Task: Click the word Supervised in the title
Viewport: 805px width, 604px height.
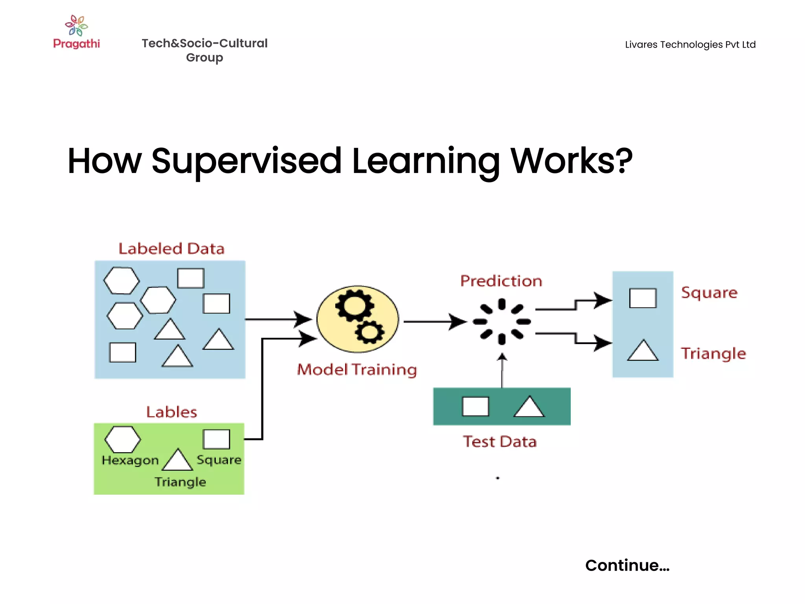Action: tap(246, 161)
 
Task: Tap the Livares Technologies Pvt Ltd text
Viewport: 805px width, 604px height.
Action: tap(690, 45)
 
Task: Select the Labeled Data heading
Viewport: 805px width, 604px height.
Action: tap(171, 249)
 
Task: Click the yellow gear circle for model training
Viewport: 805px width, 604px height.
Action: tap(358, 319)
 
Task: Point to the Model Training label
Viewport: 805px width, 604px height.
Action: tap(357, 370)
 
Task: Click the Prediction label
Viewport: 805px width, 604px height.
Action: tap(501, 281)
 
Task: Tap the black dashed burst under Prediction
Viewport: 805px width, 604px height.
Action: tap(502, 322)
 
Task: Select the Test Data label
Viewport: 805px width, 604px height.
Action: tap(500, 442)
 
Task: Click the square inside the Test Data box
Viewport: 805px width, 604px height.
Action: tap(476, 406)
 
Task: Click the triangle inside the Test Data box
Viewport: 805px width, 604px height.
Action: tap(529, 407)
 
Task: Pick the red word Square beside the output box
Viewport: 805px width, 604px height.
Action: tap(709, 293)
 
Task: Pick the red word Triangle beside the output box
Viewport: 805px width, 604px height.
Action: tap(713, 354)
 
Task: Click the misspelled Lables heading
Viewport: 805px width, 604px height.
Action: tap(171, 412)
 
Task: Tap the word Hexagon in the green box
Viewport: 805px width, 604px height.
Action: tap(130, 460)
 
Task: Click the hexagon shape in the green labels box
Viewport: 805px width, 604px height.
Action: tap(123, 439)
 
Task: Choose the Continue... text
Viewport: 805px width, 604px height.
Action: tap(627, 565)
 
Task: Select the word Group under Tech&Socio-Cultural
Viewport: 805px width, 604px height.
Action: tap(204, 58)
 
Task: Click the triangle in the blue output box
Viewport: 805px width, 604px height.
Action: tap(643, 350)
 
